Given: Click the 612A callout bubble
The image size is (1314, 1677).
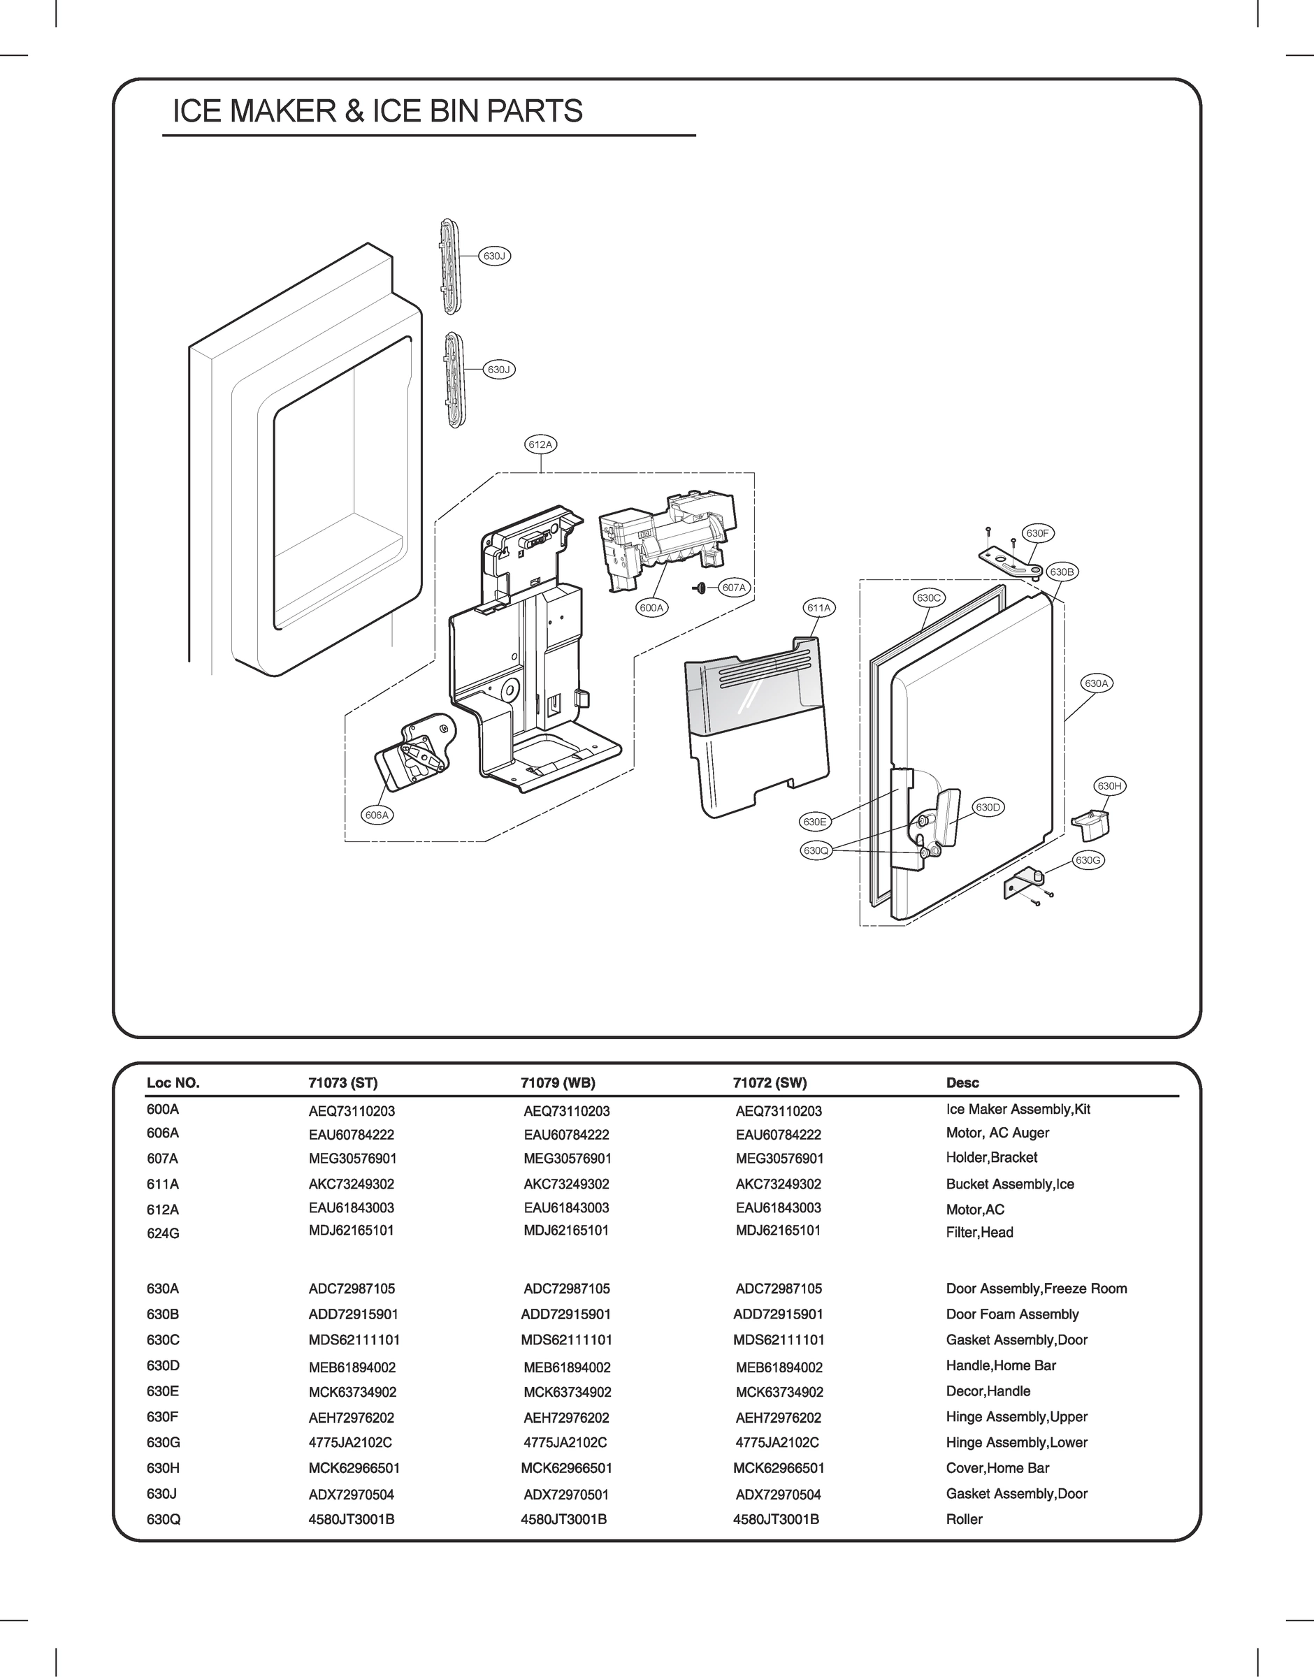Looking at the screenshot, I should pyautogui.click(x=540, y=444).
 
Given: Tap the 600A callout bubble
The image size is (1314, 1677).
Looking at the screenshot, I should pyautogui.click(x=651, y=607).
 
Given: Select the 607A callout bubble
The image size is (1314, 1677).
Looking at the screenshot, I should pyautogui.click(x=734, y=588).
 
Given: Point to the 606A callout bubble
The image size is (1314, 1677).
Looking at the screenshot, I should pyautogui.click(x=377, y=815).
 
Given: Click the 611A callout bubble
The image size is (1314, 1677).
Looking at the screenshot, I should pyautogui.click(x=818, y=607).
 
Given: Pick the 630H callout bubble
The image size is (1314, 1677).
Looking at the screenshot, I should pyautogui.click(x=1109, y=786).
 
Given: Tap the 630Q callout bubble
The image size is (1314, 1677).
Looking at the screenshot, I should pyautogui.click(x=816, y=850).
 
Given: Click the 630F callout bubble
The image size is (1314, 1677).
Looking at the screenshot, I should pyautogui.click(x=1037, y=533).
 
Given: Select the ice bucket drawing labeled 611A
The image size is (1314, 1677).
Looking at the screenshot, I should pyautogui.click(x=758, y=730).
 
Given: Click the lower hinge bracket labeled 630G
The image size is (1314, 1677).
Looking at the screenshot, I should pyautogui.click(x=1023, y=884).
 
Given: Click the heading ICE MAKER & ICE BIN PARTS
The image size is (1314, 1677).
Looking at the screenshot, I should pyautogui.click(x=377, y=112).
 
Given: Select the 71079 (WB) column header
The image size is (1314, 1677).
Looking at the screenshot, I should pyautogui.click(x=558, y=1082).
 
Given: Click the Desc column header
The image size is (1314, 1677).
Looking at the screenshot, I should pyautogui.click(x=962, y=1082).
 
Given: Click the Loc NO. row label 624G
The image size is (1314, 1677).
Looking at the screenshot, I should pyautogui.click(x=163, y=1233).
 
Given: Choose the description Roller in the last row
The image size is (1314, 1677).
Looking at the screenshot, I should pyautogui.click(x=964, y=1518).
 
